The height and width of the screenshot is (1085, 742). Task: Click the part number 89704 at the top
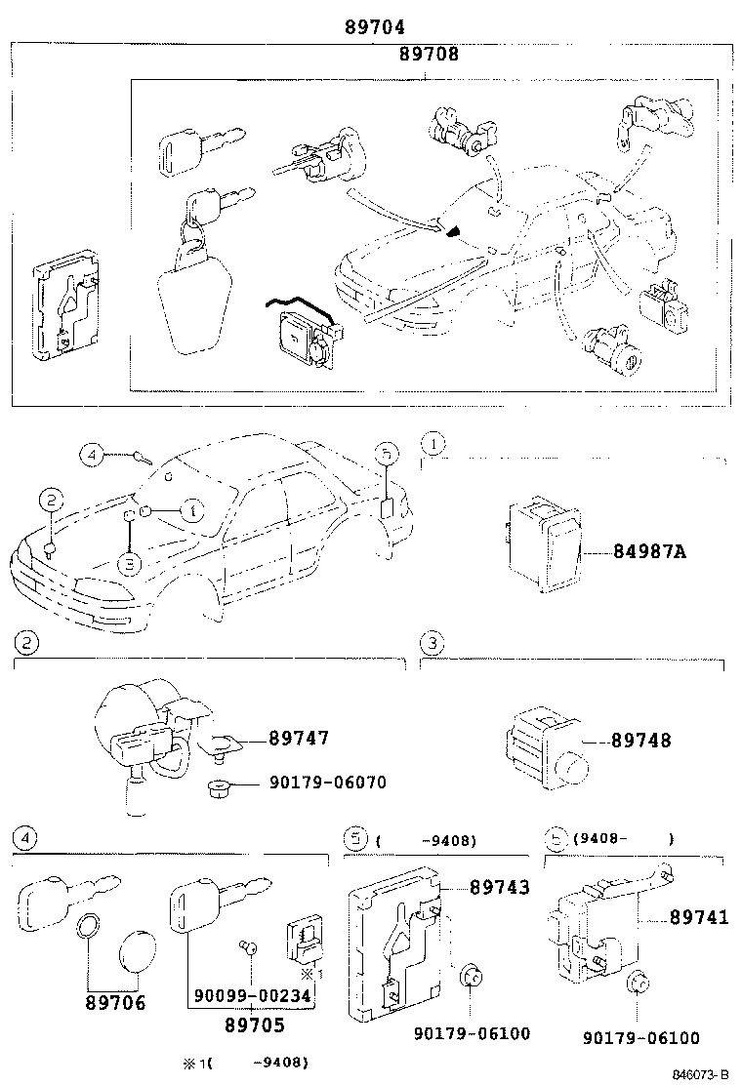(x=374, y=27)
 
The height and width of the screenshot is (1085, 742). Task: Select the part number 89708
(x=428, y=55)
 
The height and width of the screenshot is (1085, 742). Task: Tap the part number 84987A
(x=649, y=552)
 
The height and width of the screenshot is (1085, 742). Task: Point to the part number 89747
(x=299, y=739)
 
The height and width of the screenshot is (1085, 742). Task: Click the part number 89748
(x=641, y=741)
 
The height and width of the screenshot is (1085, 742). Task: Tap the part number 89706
(x=114, y=1003)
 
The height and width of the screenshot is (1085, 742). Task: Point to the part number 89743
(x=499, y=887)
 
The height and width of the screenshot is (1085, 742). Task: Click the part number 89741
(x=699, y=917)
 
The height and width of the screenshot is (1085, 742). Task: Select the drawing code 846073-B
(x=701, y=1074)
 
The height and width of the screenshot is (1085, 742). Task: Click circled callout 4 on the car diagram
(x=91, y=455)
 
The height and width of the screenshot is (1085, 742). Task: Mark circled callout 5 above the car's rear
(x=387, y=455)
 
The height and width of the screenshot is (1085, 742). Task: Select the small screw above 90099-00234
(x=249, y=945)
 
